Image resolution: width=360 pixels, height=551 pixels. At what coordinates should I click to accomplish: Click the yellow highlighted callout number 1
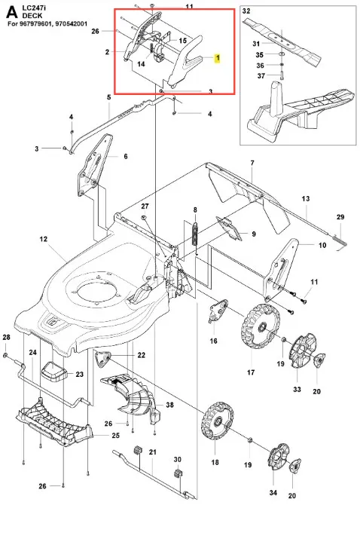coord(218,58)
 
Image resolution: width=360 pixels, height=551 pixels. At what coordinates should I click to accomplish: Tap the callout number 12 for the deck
coord(43,239)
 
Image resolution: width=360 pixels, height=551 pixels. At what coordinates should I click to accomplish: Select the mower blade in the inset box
coord(282,39)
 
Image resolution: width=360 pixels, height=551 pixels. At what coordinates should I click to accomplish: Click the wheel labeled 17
coord(261,326)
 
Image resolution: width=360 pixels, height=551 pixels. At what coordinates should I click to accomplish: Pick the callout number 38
coord(169,405)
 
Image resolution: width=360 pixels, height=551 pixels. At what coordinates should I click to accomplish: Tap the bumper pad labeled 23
coord(54,372)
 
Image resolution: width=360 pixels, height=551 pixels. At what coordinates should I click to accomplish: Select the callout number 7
coord(252,163)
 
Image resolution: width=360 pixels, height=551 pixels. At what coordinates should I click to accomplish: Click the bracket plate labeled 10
coord(281,271)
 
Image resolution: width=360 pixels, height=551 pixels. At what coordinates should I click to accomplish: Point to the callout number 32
coord(246,11)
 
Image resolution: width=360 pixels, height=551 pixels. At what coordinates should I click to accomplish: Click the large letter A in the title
coord(12,12)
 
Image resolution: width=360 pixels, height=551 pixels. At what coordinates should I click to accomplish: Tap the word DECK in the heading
coord(32,16)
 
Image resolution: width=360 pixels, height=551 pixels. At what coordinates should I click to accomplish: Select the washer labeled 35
coord(282,54)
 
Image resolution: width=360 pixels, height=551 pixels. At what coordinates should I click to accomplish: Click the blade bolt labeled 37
coord(282,75)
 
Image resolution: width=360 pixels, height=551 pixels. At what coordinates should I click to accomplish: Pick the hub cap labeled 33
coord(302,350)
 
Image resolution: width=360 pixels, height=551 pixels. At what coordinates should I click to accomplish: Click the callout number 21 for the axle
coord(152,452)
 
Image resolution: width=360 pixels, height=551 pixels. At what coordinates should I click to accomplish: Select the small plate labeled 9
coord(230,228)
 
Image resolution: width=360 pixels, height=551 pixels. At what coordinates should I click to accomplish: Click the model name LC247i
coord(32,8)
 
